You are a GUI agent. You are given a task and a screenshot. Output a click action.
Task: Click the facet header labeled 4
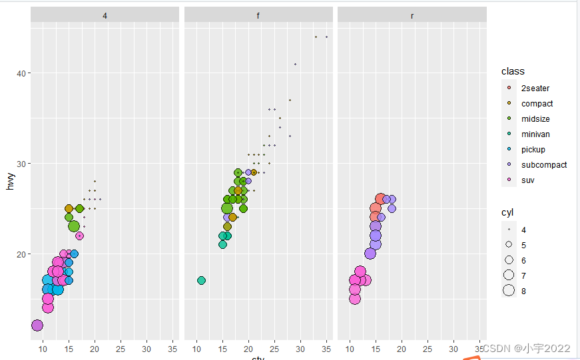105,15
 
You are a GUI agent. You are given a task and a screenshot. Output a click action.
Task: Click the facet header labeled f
258,15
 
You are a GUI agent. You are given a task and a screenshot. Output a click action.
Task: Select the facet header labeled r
412,15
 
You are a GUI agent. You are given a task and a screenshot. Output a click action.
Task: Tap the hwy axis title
10,181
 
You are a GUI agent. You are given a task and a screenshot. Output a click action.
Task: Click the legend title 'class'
513,71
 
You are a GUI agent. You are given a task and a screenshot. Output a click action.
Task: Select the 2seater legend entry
535,88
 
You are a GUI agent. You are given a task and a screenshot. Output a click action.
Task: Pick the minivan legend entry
535,134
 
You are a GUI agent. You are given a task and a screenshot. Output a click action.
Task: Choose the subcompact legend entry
543,164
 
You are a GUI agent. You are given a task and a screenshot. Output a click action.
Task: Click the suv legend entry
527,180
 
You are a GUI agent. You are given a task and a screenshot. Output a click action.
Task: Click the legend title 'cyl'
508,212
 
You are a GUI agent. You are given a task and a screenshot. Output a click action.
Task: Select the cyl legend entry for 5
523,245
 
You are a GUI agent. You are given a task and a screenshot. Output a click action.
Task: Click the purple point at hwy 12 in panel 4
37,325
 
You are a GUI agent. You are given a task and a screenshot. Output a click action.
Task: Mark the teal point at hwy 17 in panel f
202,280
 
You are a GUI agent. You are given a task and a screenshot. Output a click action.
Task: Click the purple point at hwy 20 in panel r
370,253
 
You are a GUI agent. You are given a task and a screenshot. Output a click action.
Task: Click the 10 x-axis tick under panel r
350,349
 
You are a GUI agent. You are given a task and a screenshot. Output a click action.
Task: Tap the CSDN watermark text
526,349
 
